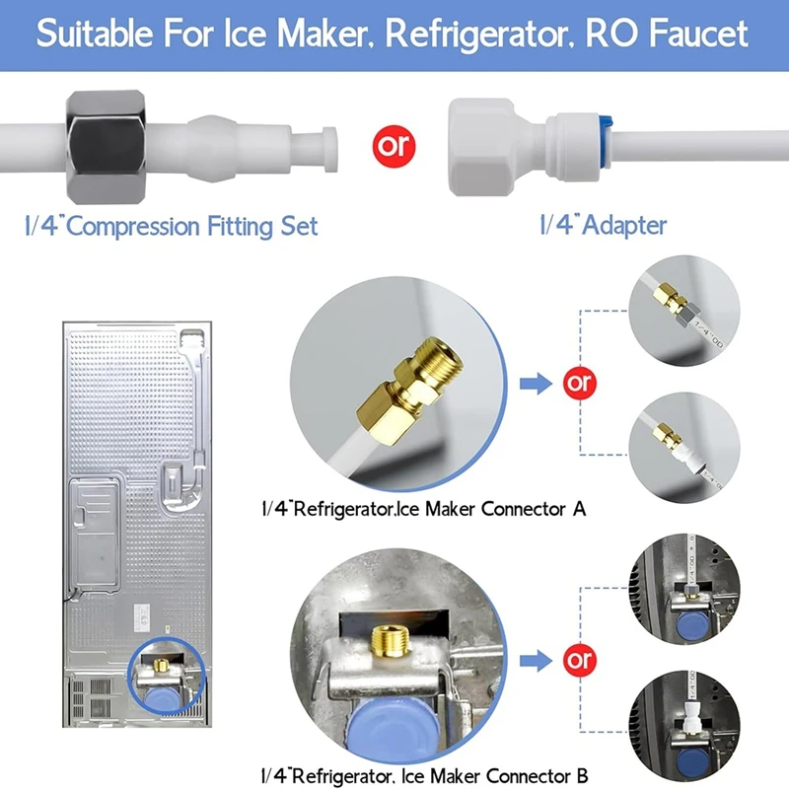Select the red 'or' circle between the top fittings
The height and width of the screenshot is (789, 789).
pos(394,146)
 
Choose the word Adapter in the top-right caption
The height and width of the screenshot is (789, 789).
pos(624,226)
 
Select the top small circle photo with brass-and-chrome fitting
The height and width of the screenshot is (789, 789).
pos(684,306)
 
